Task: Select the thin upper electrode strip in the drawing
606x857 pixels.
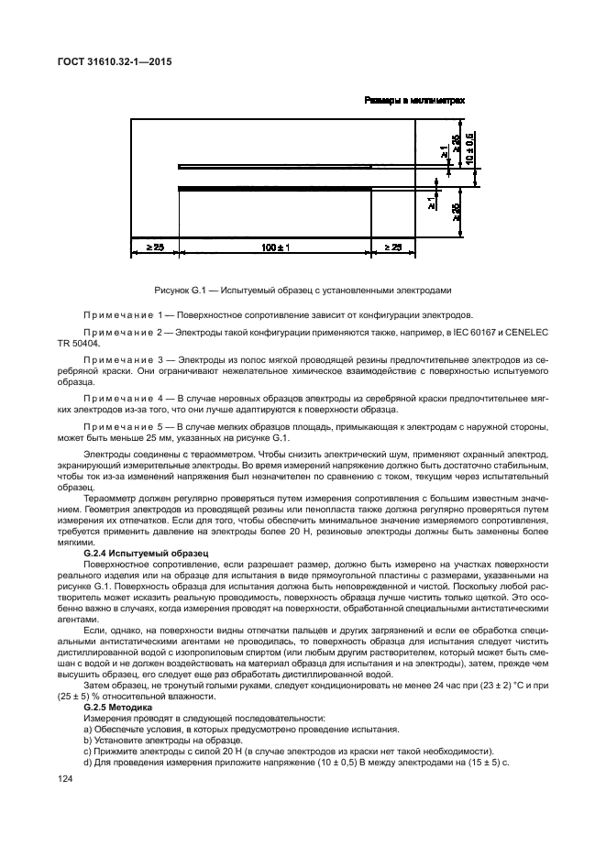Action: click(303, 167)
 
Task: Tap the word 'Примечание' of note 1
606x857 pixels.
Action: click(116, 313)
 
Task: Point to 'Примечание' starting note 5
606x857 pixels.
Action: click(116, 427)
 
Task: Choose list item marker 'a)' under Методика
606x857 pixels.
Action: click(87, 731)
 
